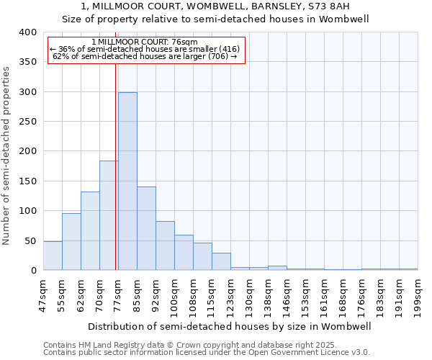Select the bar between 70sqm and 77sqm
(x=109, y=215)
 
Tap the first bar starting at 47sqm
(x=53, y=256)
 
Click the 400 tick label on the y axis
(x=27, y=32)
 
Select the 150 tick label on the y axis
(x=27, y=181)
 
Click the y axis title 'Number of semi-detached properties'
(x=7, y=155)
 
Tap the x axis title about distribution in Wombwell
(x=230, y=327)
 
